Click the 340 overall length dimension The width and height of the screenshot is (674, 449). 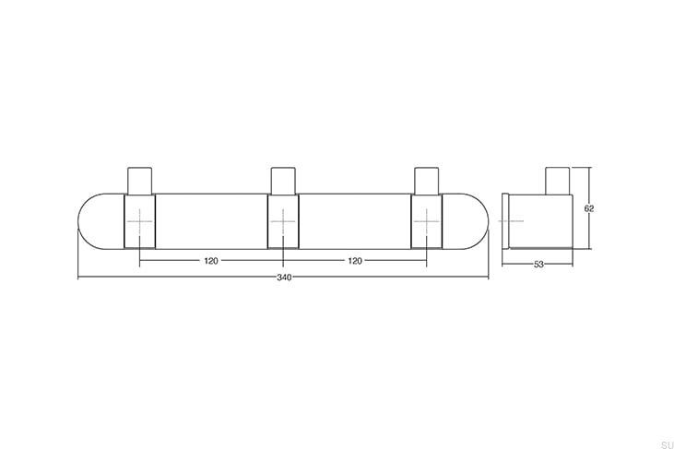(x=283, y=278)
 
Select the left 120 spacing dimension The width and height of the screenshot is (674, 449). (x=211, y=261)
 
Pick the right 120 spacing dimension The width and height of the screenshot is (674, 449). (x=354, y=261)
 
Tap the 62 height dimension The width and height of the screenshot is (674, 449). (x=589, y=208)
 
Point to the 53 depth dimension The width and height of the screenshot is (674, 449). (x=538, y=266)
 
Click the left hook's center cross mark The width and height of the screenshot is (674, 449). (x=139, y=222)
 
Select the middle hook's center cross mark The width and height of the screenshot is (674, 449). (x=283, y=222)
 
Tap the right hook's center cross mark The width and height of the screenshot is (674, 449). (x=426, y=222)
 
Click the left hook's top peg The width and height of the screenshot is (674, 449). (x=139, y=179)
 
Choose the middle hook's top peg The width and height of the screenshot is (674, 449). (x=283, y=179)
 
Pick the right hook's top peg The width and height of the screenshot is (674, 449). (x=426, y=179)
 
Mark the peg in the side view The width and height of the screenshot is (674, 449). (x=558, y=180)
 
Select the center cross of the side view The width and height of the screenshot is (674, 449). (x=511, y=222)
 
